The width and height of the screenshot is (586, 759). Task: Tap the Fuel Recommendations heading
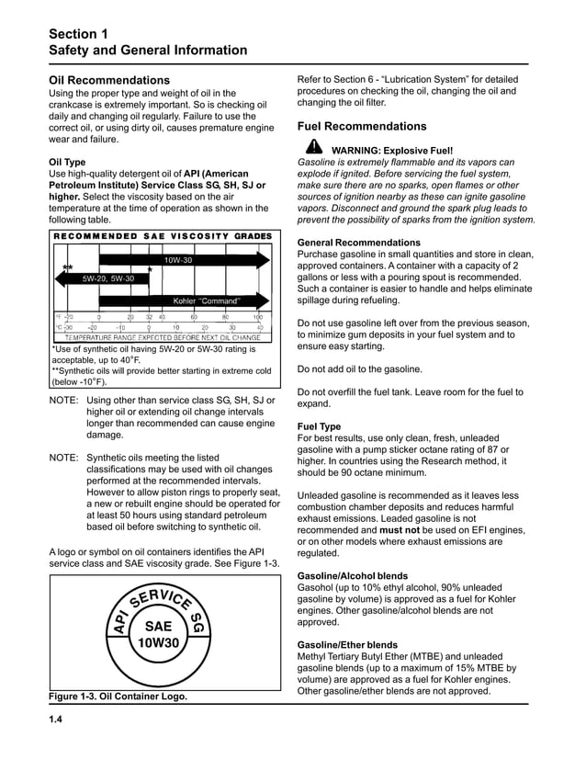click(362, 126)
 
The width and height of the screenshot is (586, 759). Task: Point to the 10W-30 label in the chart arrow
click(178, 260)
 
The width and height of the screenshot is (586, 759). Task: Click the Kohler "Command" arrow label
click(207, 300)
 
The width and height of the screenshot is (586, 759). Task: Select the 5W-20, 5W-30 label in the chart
click(108, 278)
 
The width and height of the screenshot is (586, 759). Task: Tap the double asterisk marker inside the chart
click(67, 268)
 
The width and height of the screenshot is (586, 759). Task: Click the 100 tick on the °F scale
click(257, 317)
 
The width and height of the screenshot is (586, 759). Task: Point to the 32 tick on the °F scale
click(149, 317)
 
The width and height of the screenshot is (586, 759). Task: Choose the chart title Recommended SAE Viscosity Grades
click(162, 236)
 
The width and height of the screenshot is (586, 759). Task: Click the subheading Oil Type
click(67, 162)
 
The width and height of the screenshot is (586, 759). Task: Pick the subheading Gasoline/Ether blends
click(348, 646)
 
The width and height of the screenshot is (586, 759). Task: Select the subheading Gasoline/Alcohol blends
click(354, 575)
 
